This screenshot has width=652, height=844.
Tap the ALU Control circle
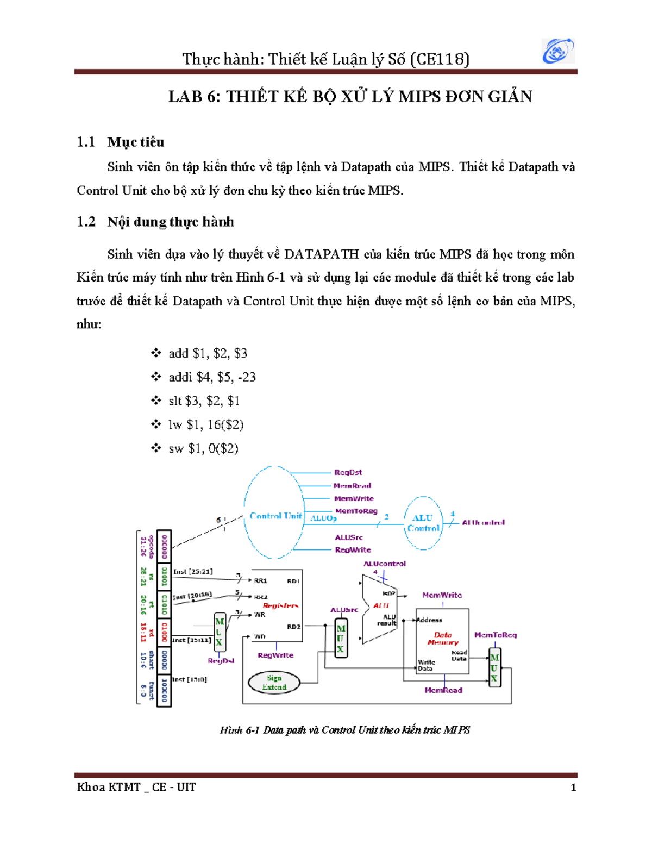point(423,523)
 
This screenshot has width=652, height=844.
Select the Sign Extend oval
point(274,683)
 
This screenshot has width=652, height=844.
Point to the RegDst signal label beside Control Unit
point(348,472)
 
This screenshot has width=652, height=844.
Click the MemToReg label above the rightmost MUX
point(495,635)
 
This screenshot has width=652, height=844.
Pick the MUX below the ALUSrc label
point(341,638)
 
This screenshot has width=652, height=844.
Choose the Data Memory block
point(442,641)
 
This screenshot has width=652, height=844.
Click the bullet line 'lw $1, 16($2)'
point(206,424)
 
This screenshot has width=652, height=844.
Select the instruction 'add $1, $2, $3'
point(208,353)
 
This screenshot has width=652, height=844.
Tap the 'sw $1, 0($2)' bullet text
point(203,448)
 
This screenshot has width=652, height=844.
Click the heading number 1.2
point(86,222)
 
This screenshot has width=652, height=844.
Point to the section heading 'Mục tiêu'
point(136,142)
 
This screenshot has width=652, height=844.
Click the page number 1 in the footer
point(573,787)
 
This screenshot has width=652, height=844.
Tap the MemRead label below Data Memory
point(443,690)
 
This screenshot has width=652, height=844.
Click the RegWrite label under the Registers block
point(275,655)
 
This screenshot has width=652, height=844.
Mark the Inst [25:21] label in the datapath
point(193,572)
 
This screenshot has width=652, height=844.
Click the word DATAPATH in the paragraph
point(321,254)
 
